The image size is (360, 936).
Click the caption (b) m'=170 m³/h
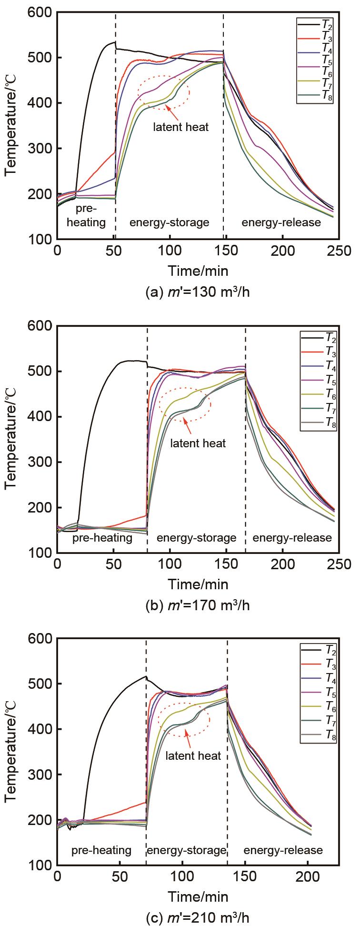tap(197, 605)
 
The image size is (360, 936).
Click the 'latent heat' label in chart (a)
tap(180, 128)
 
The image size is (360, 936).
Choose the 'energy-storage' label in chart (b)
tap(196, 538)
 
